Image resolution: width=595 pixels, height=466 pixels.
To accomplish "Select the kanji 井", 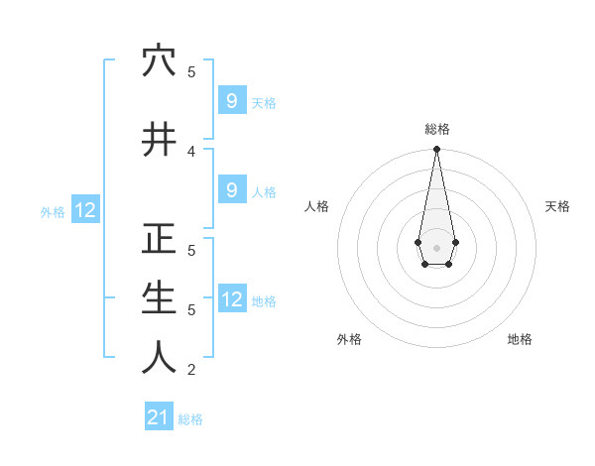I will [159, 139].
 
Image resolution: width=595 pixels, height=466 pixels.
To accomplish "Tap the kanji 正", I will [159, 240].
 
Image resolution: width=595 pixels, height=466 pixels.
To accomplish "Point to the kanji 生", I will [159, 297].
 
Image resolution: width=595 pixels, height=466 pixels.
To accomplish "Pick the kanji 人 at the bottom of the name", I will [159, 357].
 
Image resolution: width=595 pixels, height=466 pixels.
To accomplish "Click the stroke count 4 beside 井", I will [191, 151].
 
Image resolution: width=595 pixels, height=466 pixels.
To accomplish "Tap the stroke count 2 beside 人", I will [191, 370].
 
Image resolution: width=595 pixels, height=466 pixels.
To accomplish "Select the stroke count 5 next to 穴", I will [191, 72].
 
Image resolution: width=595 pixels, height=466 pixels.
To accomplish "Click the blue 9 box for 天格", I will [231, 100].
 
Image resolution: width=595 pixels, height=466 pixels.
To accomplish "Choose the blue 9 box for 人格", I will [231, 189].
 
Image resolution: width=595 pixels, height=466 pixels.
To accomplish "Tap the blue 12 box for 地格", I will [231, 298].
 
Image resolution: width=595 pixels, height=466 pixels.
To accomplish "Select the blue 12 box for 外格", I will [84, 209].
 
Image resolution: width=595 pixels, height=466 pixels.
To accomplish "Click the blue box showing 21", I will [159, 417].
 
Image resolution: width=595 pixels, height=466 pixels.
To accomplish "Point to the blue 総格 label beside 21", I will [190, 419].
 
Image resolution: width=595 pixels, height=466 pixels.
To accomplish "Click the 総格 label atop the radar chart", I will [437, 129].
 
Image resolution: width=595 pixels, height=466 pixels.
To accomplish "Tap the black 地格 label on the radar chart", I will [520, 339].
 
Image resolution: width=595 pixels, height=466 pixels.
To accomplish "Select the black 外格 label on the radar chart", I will [349, 339].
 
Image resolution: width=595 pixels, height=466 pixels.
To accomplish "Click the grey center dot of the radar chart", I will [437, 247].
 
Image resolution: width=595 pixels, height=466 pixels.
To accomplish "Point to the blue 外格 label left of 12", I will [53, 211].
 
